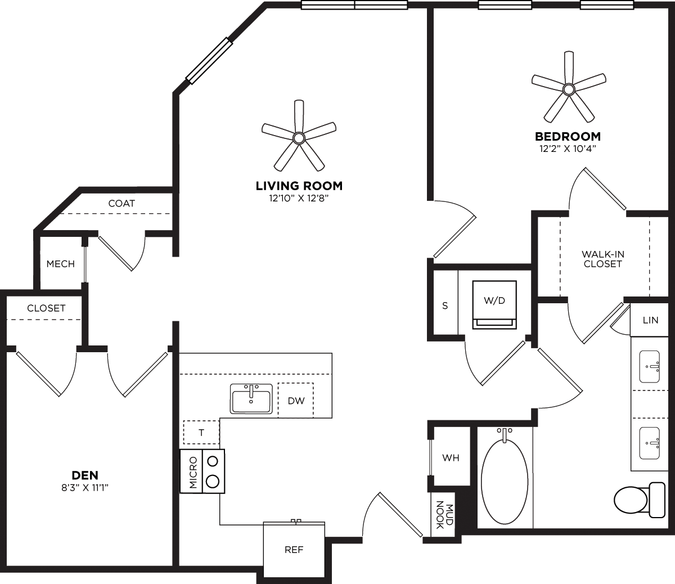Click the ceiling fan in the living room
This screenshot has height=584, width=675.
pos(299,137)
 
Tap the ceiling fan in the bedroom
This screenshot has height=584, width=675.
pos(569,89)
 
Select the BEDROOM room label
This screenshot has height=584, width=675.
pos(568,136)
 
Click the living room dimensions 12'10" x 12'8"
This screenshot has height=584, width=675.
pos(299,198)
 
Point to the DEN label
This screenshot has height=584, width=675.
pos(85,475)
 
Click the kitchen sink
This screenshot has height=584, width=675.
pos(251,399)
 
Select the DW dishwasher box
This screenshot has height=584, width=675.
pos(296,401)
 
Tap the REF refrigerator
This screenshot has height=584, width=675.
pos(294,550)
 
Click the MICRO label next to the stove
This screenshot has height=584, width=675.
pos(192,471)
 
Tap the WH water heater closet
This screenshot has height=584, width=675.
pos(451,458)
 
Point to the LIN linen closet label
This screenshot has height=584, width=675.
pos(650,320)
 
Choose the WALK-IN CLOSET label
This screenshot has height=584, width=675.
pos(602,259)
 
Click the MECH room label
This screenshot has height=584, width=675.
pos(60,264)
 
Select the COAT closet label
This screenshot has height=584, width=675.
pos(121,203)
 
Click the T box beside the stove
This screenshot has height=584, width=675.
pos(201,432)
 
